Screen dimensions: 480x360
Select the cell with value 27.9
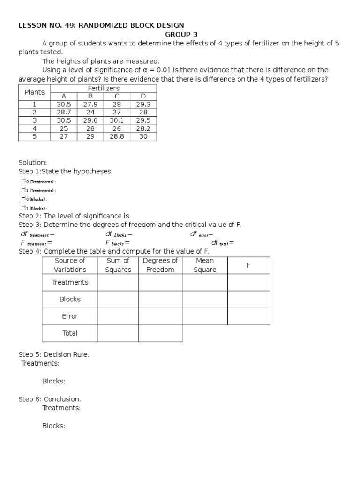click(90, 104)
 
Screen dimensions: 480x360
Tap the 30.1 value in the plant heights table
click(117, 120)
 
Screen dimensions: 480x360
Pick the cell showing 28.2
click(143, 128)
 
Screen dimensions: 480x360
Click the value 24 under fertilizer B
click(90, 112)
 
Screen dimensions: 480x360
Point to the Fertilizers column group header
click(103, 88)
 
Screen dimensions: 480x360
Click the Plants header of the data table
click(34, 92)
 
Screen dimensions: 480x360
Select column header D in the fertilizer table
click(143, 96)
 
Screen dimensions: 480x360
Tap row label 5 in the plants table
click(34, 136)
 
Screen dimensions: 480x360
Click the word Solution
click(33, 162)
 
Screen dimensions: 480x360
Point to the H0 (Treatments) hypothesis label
click(38, 181)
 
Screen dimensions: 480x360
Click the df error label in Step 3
click(202, 234)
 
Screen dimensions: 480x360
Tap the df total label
click(222, 243)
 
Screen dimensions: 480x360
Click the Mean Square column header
click(205, 265)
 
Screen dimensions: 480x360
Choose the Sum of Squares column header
click(118, 265)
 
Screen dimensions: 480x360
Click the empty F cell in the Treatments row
click(248, 282)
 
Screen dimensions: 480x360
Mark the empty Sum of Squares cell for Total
click(118, 333)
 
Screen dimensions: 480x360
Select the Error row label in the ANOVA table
click(70, 316)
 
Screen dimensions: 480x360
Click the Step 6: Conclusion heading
click(50, 399)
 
